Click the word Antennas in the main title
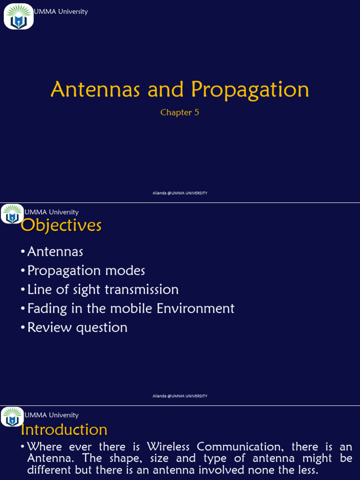(x=95, y=89)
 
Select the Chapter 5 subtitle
(x=180, y=112)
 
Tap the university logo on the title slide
(x=19, y=16)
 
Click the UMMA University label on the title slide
(x=60, y=11)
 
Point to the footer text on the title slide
(x=180, y=193)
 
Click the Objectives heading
(x=61, y=225)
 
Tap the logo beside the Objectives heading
(x=12, y=214)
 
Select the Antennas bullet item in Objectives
(x=55, y=252)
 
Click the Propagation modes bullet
(x=86, y=270)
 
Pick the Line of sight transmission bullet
(x=103, y=289)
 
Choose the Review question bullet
(x=77, y=327)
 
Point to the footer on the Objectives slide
(x=180, y=396)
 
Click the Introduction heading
(x=64, y=429)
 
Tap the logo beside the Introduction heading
(x=12, y=417)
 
